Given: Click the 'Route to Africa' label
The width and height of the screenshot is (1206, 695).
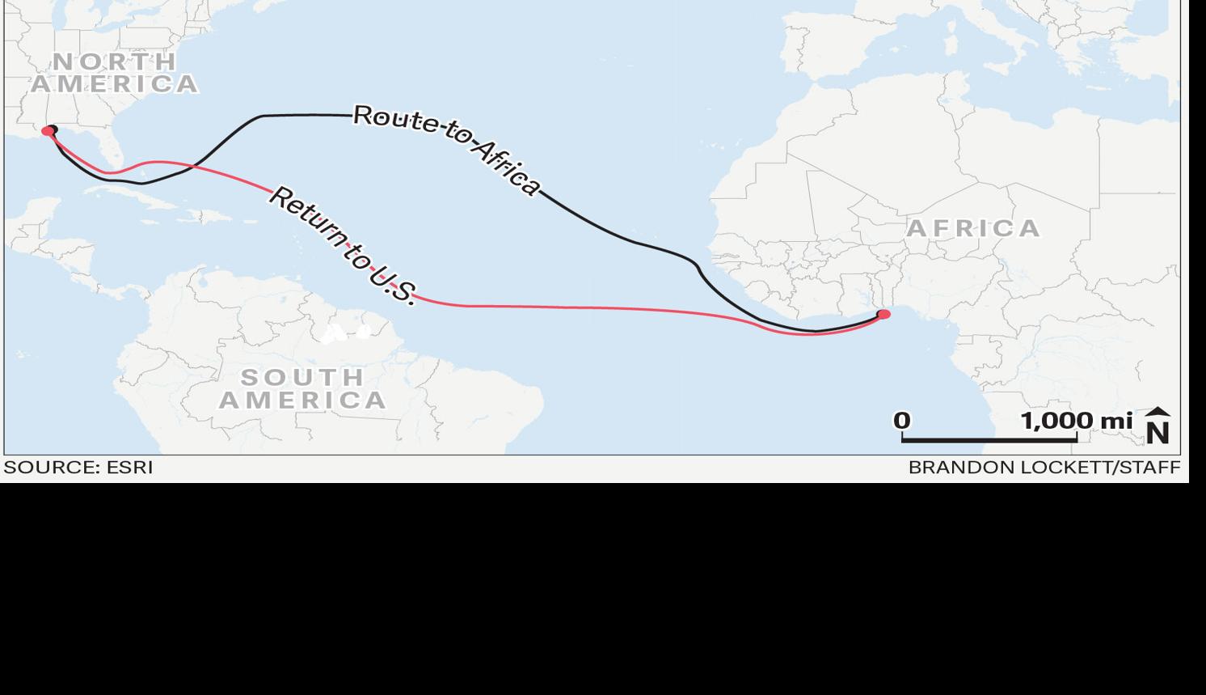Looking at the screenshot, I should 447,150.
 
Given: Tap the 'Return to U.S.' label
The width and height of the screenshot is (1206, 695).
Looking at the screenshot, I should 343,244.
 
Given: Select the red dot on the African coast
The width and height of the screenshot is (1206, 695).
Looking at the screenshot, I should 883,314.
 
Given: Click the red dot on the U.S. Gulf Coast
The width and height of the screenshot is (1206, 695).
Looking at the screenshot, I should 48,131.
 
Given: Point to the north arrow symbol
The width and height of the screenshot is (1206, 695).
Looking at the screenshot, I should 1158,426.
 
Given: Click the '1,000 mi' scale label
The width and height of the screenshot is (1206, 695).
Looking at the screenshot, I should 1076,421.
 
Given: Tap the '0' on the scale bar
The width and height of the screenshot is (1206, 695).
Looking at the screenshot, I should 902,421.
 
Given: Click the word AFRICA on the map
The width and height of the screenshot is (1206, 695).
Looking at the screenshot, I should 973,228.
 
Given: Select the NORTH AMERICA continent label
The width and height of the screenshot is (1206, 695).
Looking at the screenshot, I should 114,73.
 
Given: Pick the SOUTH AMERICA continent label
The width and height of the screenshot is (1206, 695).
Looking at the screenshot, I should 303,388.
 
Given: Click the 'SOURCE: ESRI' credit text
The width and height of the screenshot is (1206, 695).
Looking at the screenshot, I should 78,468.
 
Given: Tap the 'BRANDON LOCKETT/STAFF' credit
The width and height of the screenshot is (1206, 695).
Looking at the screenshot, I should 1044,468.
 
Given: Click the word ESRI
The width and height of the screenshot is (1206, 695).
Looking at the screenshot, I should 129,468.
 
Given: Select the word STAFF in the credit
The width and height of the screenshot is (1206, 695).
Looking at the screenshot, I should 1149,468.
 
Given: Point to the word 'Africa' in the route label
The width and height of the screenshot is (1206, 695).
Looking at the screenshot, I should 504,168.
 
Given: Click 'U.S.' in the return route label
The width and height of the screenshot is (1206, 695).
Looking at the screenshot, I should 393,285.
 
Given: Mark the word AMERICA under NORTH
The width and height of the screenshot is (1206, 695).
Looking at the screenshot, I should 115,84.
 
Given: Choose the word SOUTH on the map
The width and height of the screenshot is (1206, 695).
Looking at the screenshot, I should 303,377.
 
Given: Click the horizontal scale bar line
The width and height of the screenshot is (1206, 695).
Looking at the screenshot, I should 989,439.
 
